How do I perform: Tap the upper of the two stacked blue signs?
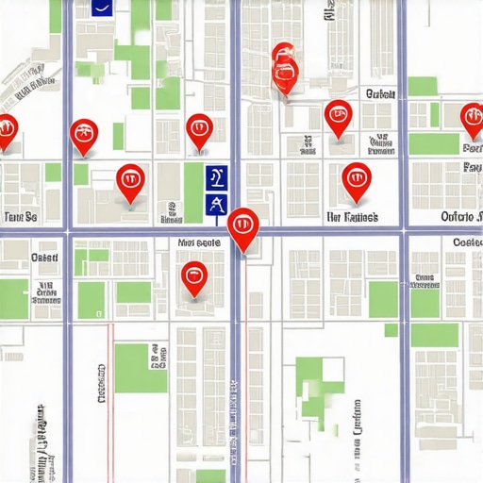pos(217,175)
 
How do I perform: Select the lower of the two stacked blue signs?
pos(217,204)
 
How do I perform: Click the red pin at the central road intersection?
pos(243,225)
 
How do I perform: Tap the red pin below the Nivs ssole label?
pos(193,276)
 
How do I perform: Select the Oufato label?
pos(460,217)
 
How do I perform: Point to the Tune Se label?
pos(20,217)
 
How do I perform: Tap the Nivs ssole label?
pos(198,242)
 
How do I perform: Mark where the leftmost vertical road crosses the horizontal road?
pos(68,230)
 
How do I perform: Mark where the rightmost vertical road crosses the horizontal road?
pos(404,230)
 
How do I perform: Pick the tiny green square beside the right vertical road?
pos(391,330)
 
